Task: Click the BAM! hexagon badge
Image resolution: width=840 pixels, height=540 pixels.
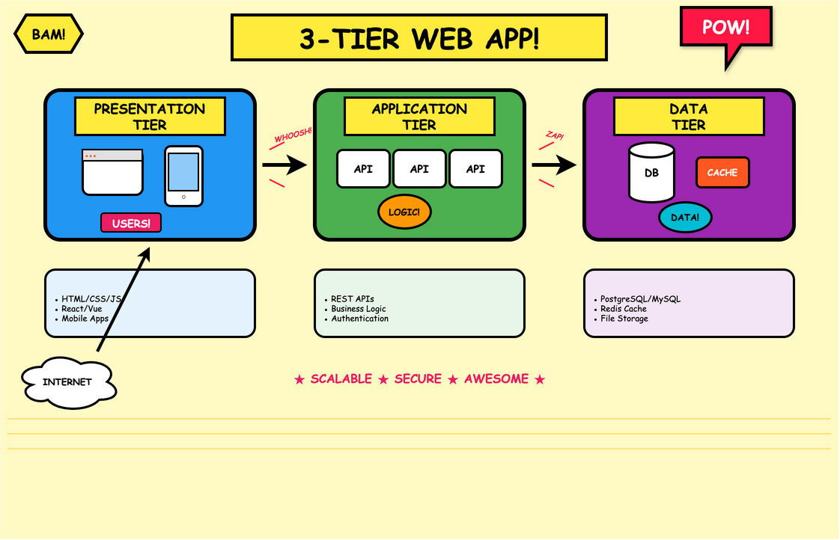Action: (x=49, y=34)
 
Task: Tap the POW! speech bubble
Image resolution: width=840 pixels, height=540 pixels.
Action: (x=725, y=28)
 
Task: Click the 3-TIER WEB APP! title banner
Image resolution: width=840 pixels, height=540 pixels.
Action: (x=419, y=37)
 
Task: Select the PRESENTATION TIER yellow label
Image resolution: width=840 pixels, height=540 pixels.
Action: (x=150, y=117)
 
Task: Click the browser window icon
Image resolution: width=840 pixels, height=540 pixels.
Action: (x=112, y=172)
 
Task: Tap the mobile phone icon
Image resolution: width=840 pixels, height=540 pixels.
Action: (x=183, y=176)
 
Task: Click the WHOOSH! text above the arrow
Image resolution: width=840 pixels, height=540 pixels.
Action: (x=293, y=135)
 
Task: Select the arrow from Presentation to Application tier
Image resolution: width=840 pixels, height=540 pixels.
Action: (x=285, y=165)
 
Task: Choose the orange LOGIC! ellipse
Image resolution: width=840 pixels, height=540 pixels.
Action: (x=404, y=212)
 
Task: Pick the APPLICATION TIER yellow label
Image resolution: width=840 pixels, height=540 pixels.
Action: (x=419, y=117)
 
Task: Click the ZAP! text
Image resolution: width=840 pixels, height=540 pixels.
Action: (x=555, y=135)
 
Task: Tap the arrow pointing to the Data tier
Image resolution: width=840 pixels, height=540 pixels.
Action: (x=555, y=165)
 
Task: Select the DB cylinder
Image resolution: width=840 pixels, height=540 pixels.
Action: (x=651, y=173)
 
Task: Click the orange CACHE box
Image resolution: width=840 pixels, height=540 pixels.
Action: (x=722, y=173)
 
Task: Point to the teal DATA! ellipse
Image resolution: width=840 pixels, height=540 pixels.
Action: (x=685, y=218)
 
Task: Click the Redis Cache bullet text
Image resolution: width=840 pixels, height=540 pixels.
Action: (x=624, y=309)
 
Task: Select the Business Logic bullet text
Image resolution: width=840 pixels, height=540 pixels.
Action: (x=359, y=309)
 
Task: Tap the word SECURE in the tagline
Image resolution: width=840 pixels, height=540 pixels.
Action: (x=418, y=379)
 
